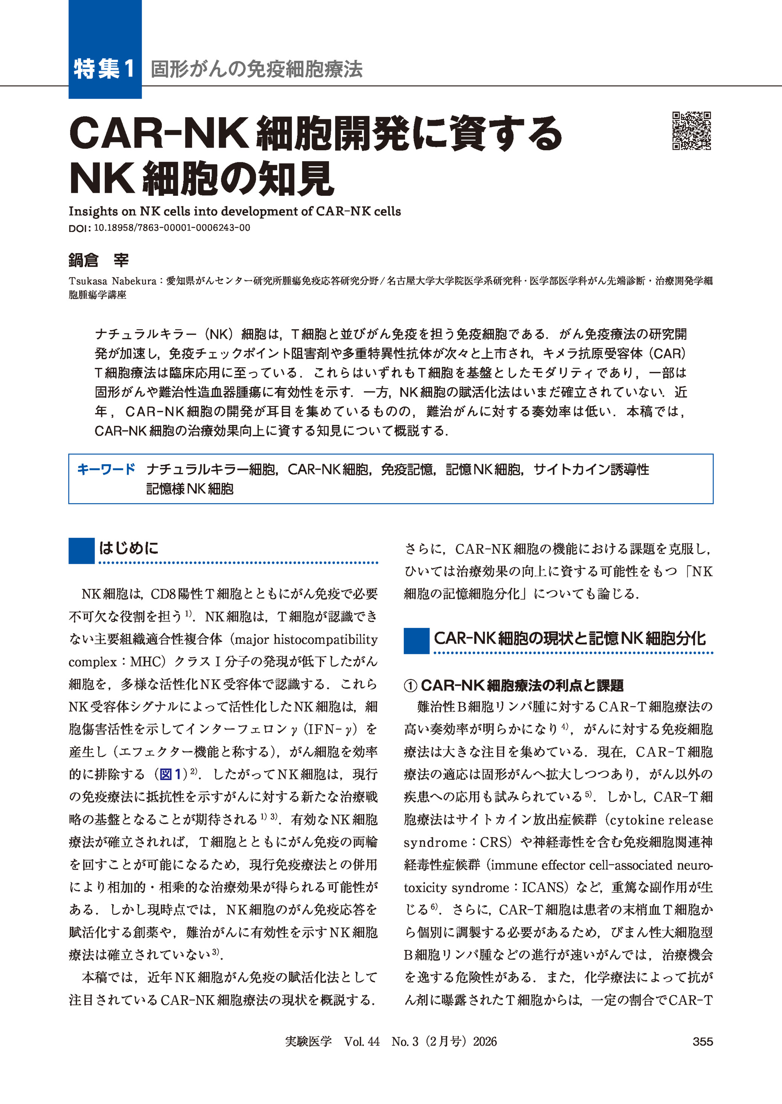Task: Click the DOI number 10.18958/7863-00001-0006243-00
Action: (172, 228)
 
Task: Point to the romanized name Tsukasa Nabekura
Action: (112, 281)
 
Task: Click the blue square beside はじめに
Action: (81, 550)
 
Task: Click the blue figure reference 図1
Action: (171, 774)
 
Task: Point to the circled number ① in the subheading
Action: (410, 686)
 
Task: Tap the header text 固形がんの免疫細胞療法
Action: (256, 69)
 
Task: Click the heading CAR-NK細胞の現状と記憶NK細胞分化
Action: (569, 638)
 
